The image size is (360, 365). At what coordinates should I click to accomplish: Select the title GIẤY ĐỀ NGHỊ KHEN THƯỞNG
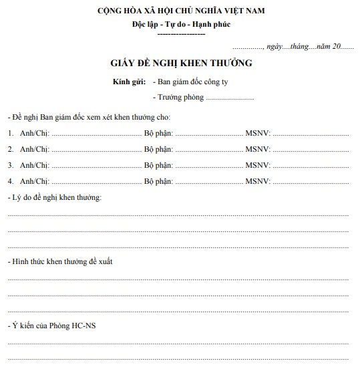pos(181,64)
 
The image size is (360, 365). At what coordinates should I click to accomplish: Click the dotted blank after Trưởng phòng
pos(230,99)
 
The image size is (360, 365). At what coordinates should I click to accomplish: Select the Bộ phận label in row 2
pos(158,149)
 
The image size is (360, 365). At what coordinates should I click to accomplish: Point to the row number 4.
pos(11,181)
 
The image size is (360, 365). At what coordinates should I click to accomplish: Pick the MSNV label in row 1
pos(258,133)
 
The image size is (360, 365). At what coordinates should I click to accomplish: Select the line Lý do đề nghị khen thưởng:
pos(54,199)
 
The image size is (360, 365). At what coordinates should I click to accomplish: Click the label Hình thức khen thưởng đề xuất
pos(60,261)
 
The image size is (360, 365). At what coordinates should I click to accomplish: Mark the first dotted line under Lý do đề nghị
pos(178,215)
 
